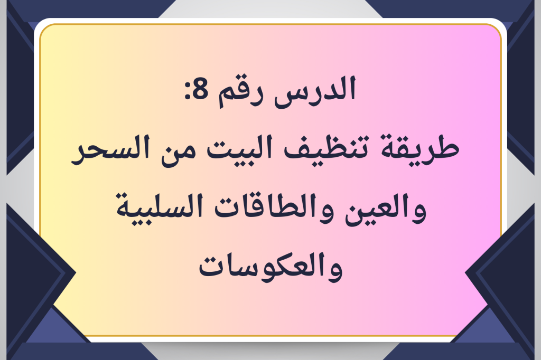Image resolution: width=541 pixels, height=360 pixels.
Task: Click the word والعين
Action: point(386,210)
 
